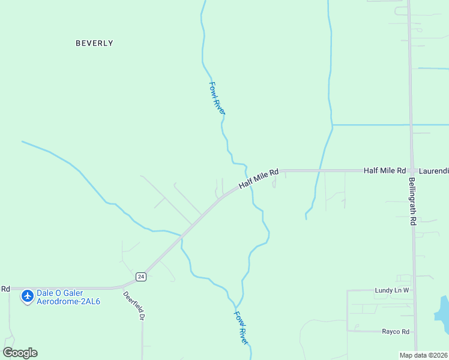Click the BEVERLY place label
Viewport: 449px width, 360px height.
click(94, 43)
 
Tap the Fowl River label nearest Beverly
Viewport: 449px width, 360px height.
click(217, 98)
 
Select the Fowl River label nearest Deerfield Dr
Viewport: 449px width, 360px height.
click(241, 327)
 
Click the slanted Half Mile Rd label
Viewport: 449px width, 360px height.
click(259, 179)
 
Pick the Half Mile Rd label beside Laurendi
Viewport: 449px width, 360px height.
click(385, 171)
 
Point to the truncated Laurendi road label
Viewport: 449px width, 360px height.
click(433, 171)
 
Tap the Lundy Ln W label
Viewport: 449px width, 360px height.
click(391, 290)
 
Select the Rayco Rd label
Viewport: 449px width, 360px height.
click(396, 331)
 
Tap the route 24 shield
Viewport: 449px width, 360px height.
click(140, 277)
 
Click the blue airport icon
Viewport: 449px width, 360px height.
click(27, 296)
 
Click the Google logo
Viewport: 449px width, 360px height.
click(20, 352)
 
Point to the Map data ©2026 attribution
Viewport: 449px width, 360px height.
click(423, 355)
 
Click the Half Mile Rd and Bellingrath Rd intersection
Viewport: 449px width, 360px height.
click(411, 171)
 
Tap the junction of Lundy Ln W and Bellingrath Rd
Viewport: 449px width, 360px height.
click(414, 290)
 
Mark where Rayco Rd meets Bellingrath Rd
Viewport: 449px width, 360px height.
click(415, 331)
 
